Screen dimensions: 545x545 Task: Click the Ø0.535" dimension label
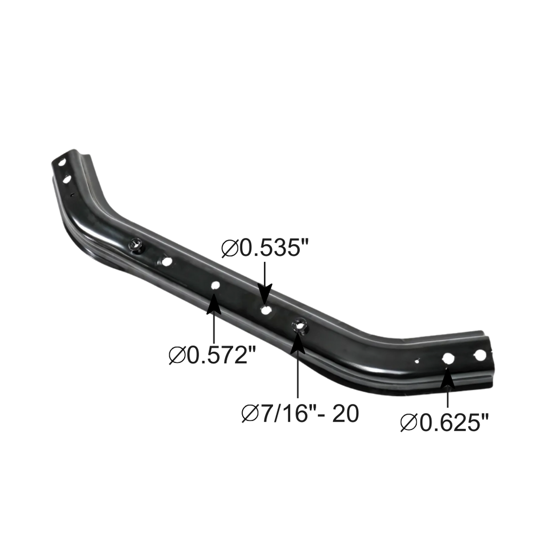[265, 248]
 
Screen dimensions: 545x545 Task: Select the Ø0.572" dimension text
[212, 355]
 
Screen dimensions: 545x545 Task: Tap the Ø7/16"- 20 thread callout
[300, 414]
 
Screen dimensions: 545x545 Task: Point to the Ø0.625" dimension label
[444, 423]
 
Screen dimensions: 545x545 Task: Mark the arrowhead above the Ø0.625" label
[447, 378]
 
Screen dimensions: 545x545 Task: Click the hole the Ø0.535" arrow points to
[266, 310]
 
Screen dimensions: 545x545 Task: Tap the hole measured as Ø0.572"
[216, 286]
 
